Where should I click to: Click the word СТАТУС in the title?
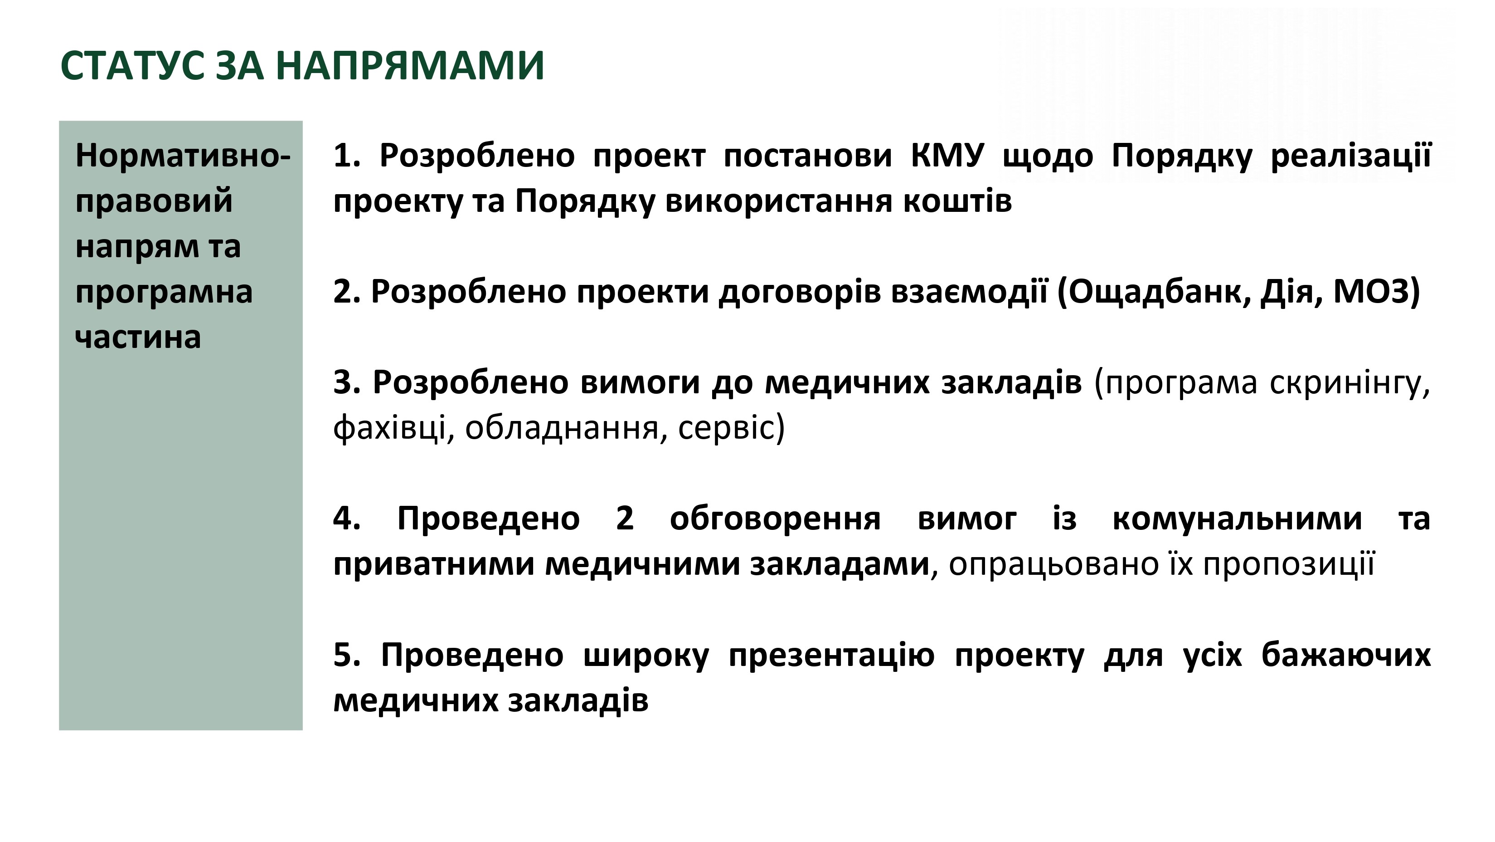pyautogui.click(x=132, y=66)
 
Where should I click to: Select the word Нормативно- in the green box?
pyautogui.click(x=183, y=156)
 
